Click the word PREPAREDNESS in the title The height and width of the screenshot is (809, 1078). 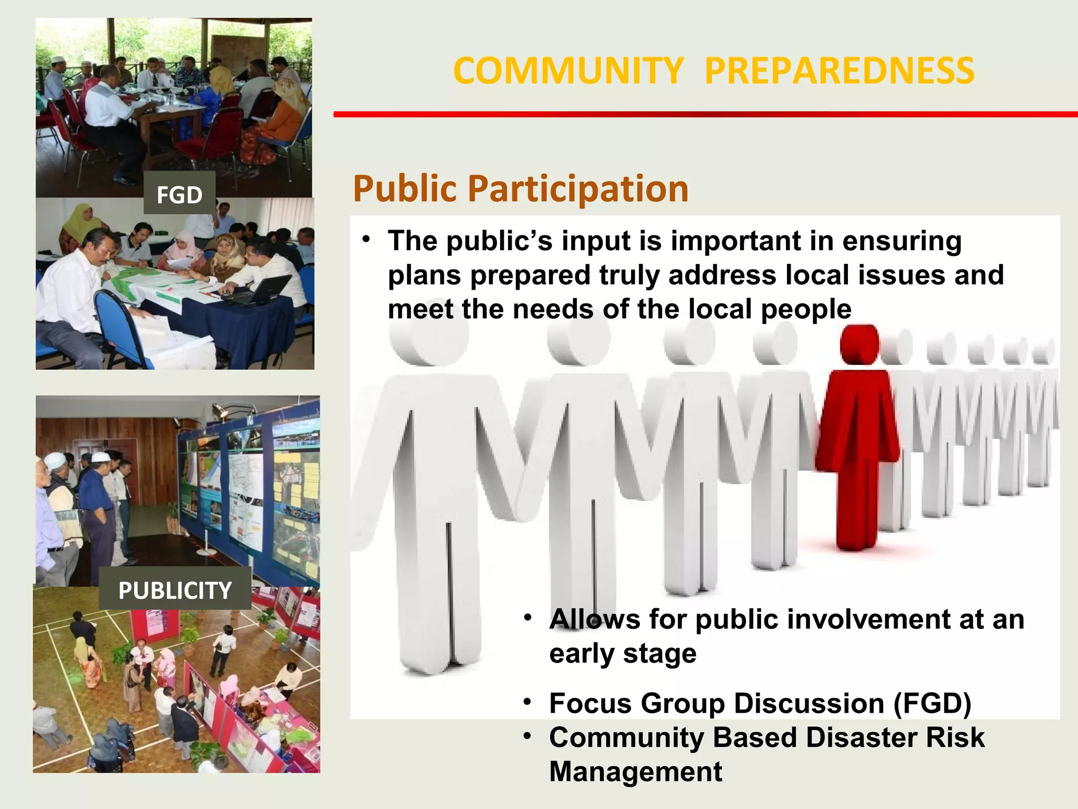tap(839, 71)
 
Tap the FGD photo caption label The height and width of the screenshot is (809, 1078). tap(179, 195)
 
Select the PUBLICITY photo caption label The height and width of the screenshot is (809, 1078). tap(175, 590)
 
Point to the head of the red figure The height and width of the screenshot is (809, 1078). tap(859, 344)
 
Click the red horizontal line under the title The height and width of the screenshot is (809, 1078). tap(705, 114)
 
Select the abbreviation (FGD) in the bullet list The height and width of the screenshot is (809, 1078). tap(932, 704)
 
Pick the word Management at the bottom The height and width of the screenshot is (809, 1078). tap(635, 772)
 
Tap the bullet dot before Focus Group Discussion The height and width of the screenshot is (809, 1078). tap(527, 702)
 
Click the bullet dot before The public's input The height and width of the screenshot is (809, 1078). tap(366, 240)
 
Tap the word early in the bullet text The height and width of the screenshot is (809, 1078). tap(582, 654)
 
